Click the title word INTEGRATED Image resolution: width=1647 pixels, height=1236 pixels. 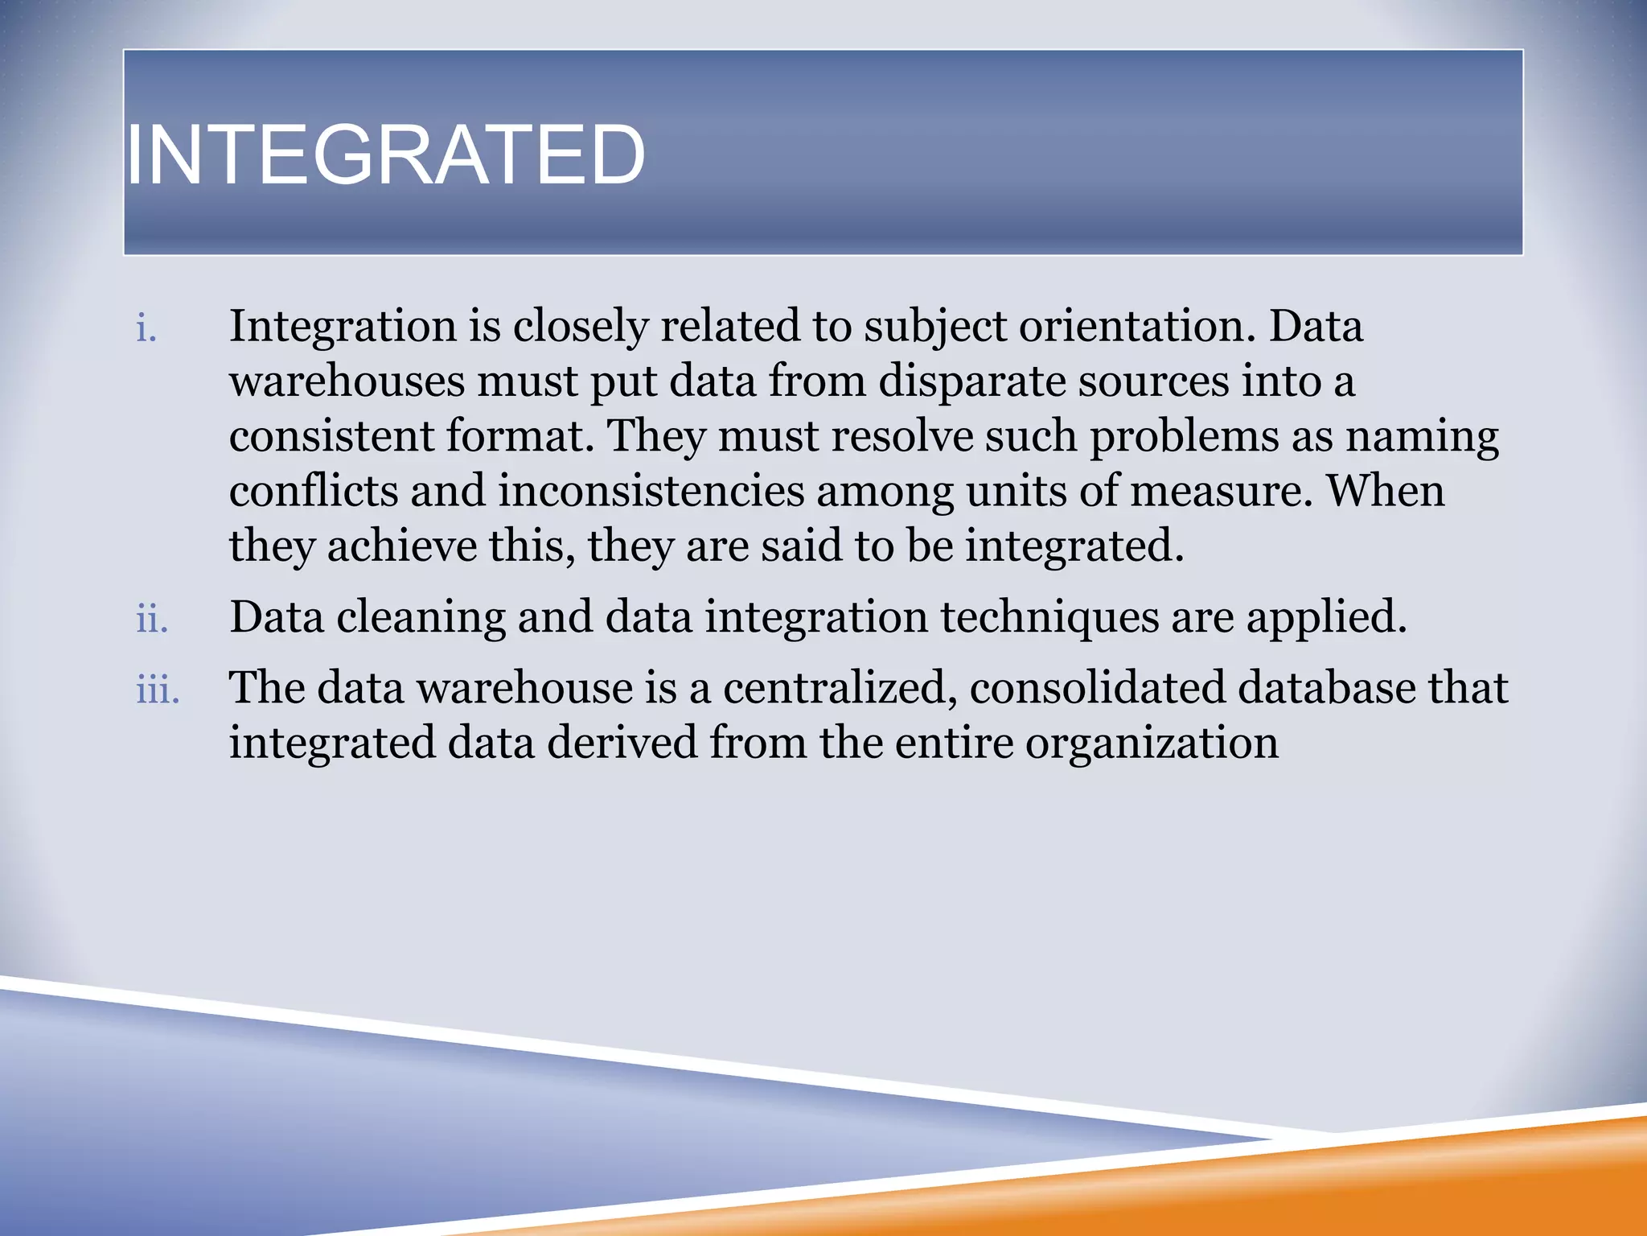pos(386,154)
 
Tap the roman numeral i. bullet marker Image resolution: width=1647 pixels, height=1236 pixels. pos(146,329)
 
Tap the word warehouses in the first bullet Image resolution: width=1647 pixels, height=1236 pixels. pos(347,381)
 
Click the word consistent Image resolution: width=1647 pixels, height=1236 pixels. pos(331,436)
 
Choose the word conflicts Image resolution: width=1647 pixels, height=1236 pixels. pos(313,491)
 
